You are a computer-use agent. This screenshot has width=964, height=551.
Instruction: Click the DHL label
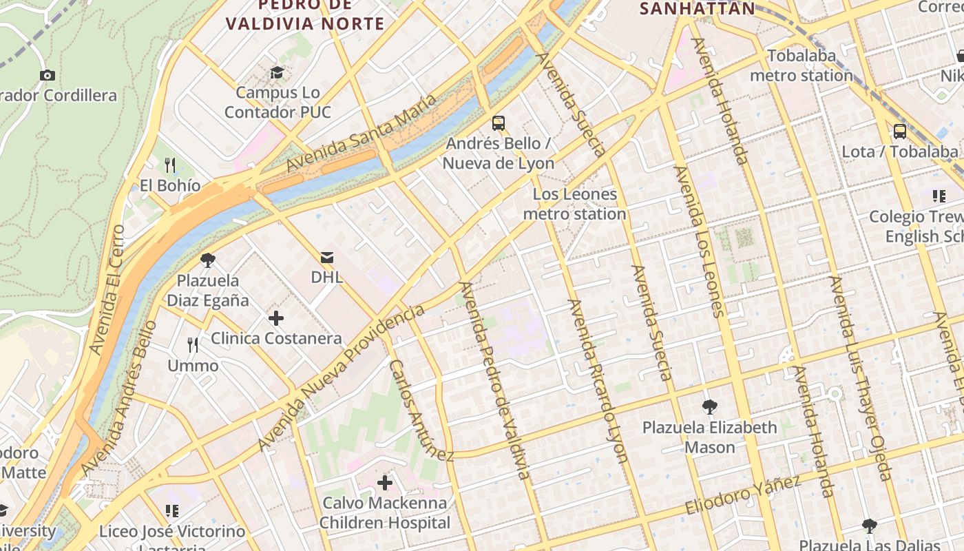pos(327,277)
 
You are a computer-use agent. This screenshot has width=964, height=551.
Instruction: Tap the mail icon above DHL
pos(327,258)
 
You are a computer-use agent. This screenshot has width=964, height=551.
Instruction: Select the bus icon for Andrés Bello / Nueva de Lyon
pos(499,124)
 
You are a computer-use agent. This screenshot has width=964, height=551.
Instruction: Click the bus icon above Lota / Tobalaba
pos(899,132)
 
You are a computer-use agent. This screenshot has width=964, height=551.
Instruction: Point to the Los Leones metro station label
pos(574,204)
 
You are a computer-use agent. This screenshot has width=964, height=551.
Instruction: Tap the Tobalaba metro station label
pos(801,65)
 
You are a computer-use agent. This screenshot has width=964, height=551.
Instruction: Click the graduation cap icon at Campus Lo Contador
pos(277,72)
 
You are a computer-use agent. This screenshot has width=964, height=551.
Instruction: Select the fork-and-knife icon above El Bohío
pos(170,165)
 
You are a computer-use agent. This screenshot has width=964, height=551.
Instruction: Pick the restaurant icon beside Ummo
pos(193,345)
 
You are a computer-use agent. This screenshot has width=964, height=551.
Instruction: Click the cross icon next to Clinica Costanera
pos(276,318)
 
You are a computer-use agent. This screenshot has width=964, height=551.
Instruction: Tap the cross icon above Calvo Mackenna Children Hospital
pos(385,483)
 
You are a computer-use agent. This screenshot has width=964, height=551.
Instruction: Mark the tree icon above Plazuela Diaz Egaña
pos(208,260)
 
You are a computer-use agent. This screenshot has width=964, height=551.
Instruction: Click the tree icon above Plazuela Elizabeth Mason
pos(710,407)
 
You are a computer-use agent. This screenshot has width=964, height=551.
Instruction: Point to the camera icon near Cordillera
pos(48,76)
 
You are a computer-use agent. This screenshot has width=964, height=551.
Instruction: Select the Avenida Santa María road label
pos(361,133)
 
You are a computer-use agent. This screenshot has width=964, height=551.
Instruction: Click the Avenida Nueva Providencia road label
pos(342,378)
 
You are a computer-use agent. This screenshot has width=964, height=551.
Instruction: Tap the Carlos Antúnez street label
pos(421,410)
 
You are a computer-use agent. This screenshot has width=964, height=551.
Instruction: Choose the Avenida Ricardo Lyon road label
pos(598,380)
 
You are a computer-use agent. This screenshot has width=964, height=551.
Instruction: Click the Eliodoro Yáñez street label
pos(743,495)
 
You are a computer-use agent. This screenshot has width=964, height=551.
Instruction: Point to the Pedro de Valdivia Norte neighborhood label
pos(305,14)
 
